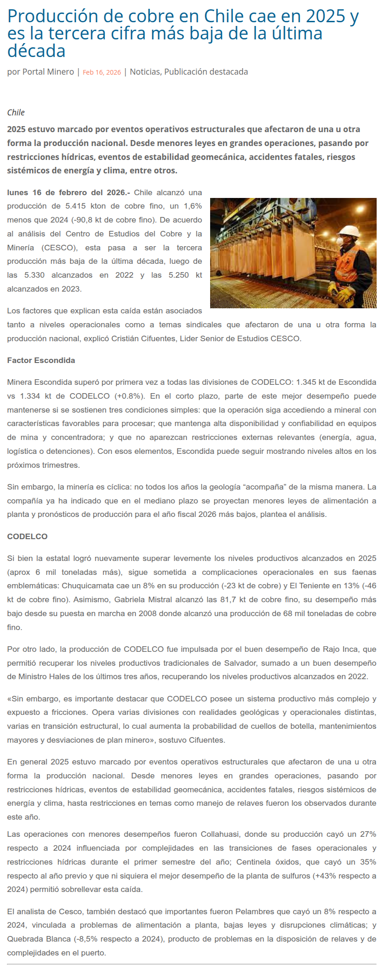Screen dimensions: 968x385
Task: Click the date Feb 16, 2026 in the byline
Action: [x=102, y=72]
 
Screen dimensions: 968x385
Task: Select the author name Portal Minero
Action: [x=48, y=72]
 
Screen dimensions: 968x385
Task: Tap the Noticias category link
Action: [x=145, y=72]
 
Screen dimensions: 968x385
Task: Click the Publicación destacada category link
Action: [x=206, y=72]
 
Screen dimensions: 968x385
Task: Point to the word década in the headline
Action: [x=36, y=51]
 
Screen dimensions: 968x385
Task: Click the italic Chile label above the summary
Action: [x=16, y=113]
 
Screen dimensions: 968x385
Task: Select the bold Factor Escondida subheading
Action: [x=41, y=360]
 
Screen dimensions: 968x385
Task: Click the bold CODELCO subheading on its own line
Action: [x=27, y=536]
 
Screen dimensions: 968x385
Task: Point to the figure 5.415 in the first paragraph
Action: [x=63, y=206]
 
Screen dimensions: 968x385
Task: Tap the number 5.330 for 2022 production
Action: [x=34, y=275]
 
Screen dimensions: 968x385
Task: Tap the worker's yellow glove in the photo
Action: [x=346, y=293]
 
